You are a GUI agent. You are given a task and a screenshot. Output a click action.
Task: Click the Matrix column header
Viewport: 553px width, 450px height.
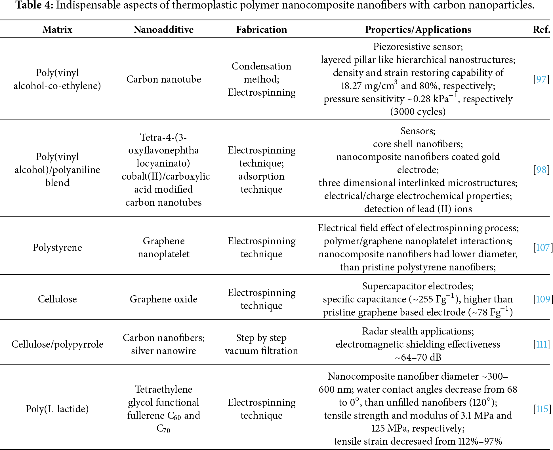click(57, 30)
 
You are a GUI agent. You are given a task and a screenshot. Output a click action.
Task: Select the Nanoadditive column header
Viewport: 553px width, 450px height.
click(163, 30)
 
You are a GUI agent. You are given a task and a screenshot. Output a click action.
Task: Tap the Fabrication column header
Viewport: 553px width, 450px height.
click(261, 30)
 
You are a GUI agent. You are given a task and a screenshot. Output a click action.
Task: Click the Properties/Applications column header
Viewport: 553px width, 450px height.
click(418, 30)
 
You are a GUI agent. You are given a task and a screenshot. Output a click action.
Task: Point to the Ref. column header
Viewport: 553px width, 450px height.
click(541, 30)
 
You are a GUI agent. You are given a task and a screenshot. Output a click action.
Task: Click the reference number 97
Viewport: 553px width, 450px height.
click(541, 79)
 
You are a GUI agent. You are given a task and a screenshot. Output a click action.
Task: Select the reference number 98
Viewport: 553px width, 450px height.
click(541, 170)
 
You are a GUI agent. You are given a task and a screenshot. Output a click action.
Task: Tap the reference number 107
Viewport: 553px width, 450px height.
click(543, 247)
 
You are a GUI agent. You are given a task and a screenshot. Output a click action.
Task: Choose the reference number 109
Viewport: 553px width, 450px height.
click(543, 299)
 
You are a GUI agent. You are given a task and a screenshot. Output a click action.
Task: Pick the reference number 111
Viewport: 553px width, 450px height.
click(542, 344)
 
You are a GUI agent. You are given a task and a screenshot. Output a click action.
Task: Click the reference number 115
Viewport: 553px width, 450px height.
click(542, 409)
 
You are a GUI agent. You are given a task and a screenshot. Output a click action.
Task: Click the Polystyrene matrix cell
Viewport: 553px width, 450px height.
click(57, 247)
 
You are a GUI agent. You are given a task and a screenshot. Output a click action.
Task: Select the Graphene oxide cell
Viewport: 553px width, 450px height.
click(163, 299)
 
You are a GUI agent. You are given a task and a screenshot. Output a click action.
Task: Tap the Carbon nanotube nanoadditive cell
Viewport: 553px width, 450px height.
click(163, 79)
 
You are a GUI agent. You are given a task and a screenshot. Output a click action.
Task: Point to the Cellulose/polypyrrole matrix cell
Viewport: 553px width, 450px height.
click(57, 344)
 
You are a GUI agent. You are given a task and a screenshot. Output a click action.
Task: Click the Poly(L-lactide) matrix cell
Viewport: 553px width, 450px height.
click(57, 409)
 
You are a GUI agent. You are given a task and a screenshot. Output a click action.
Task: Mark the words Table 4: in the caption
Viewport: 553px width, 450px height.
click(34, 5)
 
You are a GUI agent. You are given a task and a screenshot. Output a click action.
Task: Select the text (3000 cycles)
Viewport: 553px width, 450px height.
click(418, 112)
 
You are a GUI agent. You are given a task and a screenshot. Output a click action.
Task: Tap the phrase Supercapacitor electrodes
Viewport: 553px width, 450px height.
click(418, 286)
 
